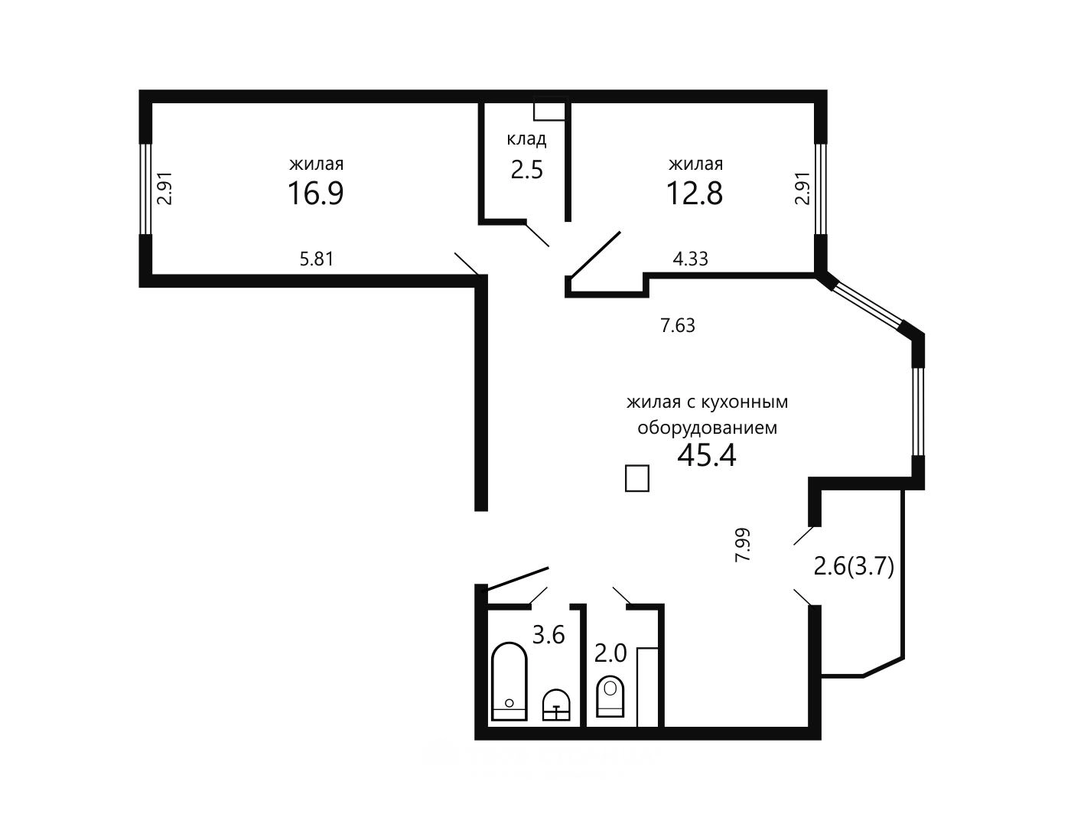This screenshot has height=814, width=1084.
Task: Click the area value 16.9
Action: [316, 193]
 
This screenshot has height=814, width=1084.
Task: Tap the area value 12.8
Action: [695, 193]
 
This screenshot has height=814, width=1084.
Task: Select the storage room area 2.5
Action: [527, 170]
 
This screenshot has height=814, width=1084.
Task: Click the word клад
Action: [527, 139]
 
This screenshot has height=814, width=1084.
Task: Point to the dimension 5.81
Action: [317, 259]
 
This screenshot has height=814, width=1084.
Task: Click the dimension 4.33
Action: [690, 259]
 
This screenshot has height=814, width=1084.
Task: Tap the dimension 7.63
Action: [678, 325]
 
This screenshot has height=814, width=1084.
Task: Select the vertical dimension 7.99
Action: [743, 545]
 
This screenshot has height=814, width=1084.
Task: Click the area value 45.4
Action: [707, 455]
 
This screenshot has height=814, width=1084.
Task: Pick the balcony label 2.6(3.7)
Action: [854, 567]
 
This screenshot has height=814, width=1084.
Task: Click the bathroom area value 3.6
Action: [549, 635]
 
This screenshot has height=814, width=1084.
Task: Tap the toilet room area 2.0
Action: [610, 654]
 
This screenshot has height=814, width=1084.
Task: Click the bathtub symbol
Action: [509, 681]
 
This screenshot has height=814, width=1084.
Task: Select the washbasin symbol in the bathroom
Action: [557, 705]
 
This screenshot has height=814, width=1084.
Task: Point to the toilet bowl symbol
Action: [610, 697]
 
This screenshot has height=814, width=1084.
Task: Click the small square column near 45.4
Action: [637, 478]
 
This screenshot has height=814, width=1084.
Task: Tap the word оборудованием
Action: [707, 428]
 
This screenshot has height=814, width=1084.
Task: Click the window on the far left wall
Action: [145, 188]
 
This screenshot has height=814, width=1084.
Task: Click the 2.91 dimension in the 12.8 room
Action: [802, 188]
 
